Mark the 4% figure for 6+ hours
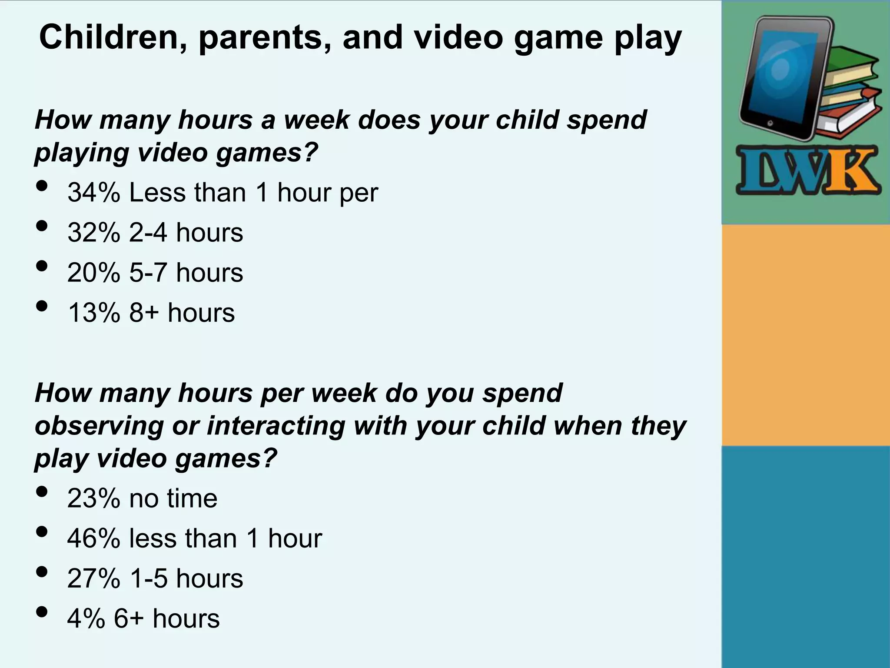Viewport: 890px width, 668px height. (86, 619)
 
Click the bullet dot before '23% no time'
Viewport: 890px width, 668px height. (42, 492)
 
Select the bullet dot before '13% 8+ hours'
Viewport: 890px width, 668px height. (42, 306)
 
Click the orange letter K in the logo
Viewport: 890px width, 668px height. (854, 171)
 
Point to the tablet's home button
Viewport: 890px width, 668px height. (770, 124)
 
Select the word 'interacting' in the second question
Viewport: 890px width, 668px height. (276, 426)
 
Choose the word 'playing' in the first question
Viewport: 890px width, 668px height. (82, 153)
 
